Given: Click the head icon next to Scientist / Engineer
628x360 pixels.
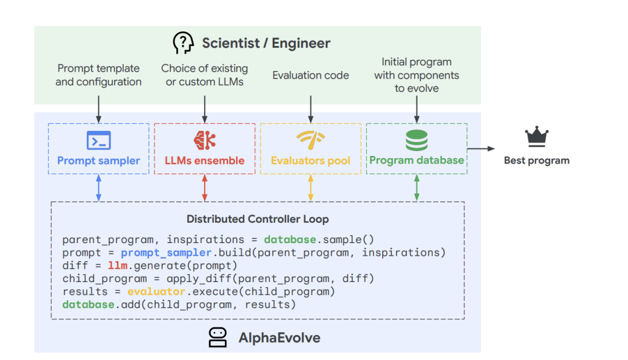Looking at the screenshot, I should tap(183, 43).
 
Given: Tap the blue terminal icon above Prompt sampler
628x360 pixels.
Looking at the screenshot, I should tap(98, 140).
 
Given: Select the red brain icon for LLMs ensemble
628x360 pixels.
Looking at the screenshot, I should tap(204, 140).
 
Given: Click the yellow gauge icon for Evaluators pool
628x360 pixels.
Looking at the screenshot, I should tap(311, 140).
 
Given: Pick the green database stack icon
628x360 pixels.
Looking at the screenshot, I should tap(416, 140).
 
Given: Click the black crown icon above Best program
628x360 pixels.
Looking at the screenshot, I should tap(537, 137).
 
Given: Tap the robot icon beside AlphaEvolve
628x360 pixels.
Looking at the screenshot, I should tap(217, 337).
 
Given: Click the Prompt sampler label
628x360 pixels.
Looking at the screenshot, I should tap(98, 161).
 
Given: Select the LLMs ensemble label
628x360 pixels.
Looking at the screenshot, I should tap(204, 161).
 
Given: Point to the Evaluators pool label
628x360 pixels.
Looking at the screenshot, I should tap(311, 161).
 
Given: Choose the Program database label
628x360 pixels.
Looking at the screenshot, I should tap(416, 161).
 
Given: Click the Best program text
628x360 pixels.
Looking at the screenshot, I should tap(537, 161).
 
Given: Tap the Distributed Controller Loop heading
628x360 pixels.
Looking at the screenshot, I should tap(258, 219).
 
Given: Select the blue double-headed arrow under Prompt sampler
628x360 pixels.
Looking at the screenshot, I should tap(98, 188).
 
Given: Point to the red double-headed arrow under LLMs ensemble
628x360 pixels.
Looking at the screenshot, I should tap(204, 188).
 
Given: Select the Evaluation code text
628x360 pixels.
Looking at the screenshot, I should tap(311, 75).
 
